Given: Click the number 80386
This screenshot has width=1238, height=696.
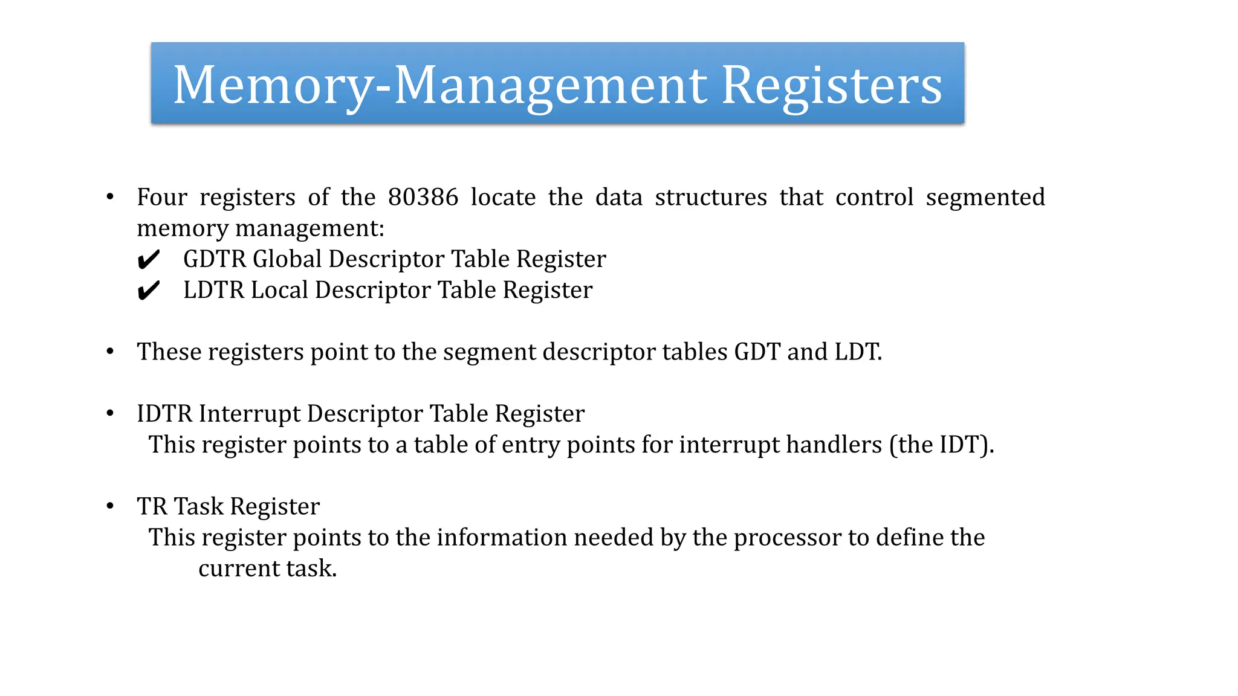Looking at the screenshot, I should tap(423, 197).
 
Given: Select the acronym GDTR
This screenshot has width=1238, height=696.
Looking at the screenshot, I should tap(214, 259).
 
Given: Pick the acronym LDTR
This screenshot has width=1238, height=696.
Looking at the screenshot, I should tap(213, 290).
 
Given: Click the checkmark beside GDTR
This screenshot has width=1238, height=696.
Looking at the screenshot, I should tap(148, 260).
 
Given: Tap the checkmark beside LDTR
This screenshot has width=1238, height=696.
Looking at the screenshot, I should tap(148, 291).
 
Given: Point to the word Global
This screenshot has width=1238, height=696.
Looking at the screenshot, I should tap(287, 259).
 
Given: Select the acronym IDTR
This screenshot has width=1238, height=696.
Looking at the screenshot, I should tap(164, 414).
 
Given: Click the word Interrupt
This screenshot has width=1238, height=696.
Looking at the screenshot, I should tap(249, 414).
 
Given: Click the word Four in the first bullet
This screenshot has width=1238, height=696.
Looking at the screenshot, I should tap(162, 197).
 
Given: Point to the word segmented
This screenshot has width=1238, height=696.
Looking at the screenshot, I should tap(985, 197).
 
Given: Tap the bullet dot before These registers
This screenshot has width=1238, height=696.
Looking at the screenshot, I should tap(110, 352).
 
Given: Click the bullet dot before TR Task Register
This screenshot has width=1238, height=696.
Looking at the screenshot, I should tap(110, 506).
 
